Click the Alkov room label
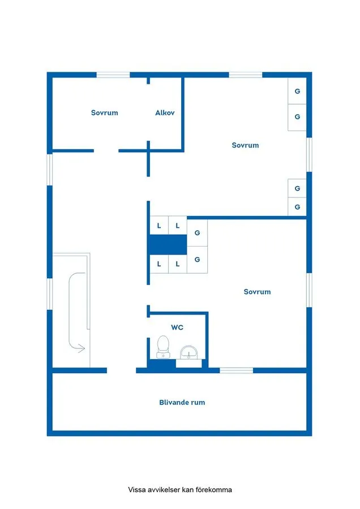165,113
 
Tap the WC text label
177,327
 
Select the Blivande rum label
182,403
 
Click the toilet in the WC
163,346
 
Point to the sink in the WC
188,353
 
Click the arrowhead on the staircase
82,348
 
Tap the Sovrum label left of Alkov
105,113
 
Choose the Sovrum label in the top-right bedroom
245,145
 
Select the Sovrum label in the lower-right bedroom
257,292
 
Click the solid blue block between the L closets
168,245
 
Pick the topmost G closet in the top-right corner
297,92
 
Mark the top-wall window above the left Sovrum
113,75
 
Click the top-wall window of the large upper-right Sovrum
246,75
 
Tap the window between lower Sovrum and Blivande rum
236,370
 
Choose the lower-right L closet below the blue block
178,264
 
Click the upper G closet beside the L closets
197,232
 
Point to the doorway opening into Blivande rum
121,370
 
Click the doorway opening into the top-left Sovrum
106,150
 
